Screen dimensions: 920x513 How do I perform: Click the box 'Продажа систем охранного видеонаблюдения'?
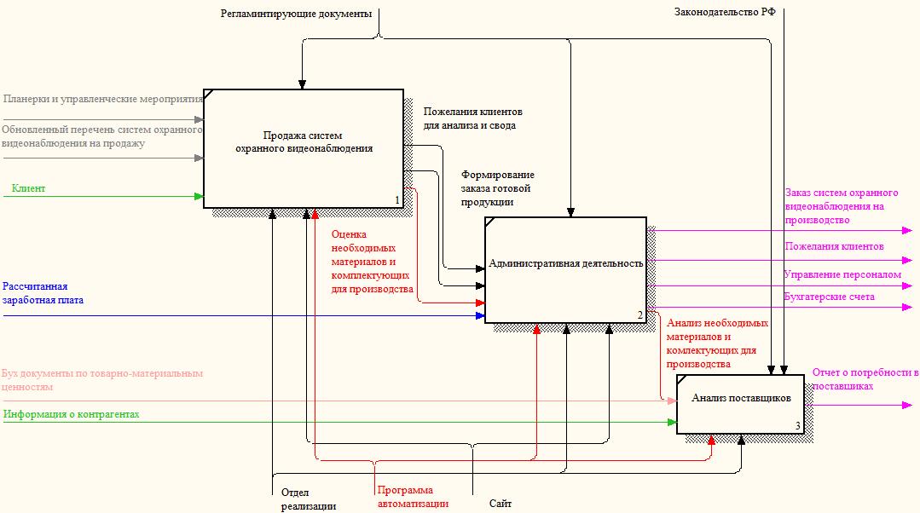304,148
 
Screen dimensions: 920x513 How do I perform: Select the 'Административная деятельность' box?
565,270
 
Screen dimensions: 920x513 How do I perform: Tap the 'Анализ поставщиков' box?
740,405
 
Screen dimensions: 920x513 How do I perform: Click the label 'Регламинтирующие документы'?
297,14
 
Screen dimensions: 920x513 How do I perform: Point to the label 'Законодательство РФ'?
725,12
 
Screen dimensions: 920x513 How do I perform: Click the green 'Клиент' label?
28,188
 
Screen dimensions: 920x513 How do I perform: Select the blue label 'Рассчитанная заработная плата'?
43,293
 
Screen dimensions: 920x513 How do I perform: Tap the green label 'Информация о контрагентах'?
72,414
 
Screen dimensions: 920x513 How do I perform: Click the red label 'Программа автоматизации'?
413,497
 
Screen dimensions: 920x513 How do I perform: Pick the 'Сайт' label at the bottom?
500,503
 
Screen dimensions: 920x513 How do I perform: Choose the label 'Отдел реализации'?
308,499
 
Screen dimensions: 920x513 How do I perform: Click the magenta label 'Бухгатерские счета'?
829,297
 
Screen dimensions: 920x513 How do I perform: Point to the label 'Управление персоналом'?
842,274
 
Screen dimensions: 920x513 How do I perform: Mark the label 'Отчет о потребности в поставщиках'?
865,379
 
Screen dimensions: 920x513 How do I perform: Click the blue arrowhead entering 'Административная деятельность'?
480,316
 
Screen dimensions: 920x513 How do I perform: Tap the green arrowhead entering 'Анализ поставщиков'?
672,422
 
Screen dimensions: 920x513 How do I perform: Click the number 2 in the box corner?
640,315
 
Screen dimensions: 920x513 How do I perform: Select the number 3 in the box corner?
798,426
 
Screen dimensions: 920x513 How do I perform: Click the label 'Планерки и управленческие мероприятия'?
102,99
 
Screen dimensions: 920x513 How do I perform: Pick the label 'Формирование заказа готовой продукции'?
498,188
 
